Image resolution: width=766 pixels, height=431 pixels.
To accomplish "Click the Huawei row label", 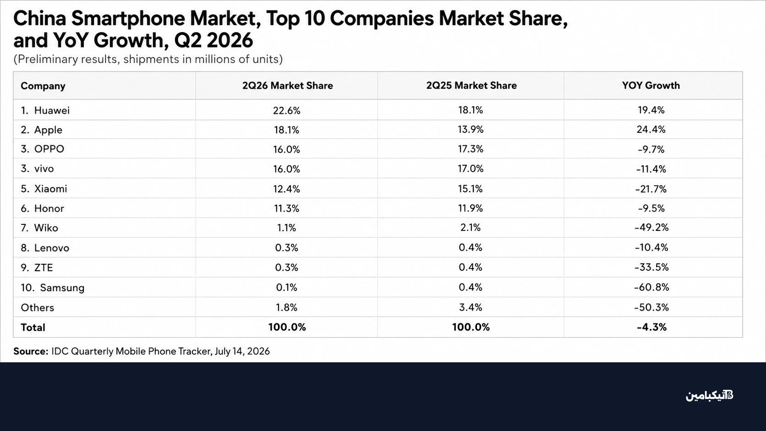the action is pos(45,110).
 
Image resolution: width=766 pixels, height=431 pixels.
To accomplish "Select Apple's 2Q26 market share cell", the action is pos(287,130).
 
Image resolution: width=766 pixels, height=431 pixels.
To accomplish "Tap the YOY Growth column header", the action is pos(651,86).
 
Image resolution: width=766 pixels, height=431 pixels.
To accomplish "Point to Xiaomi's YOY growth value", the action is pos(651,189).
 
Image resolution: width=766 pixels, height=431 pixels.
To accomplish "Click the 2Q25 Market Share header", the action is pos(471,86).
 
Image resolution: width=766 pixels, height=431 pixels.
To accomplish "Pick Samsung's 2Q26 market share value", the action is pos(287,288).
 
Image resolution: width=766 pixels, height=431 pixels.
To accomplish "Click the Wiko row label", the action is pos(39,228).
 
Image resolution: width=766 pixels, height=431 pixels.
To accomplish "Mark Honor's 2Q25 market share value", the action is pos(471,208).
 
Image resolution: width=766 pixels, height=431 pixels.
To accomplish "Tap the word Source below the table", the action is pos(31,351).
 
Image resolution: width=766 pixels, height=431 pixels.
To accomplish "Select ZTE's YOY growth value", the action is pos(651,267).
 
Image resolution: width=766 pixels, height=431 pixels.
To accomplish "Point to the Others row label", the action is pos(37,308).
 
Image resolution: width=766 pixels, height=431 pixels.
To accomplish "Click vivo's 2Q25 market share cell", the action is pos(471,169).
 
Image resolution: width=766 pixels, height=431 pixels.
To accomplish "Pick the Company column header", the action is pos(43,86).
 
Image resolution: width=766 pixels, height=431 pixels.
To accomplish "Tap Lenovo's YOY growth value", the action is pos(651,247).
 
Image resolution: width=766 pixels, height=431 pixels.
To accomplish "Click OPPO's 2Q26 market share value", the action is pos(287,149).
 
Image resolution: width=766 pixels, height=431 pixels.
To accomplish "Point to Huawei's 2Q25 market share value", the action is pos(471,110).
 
